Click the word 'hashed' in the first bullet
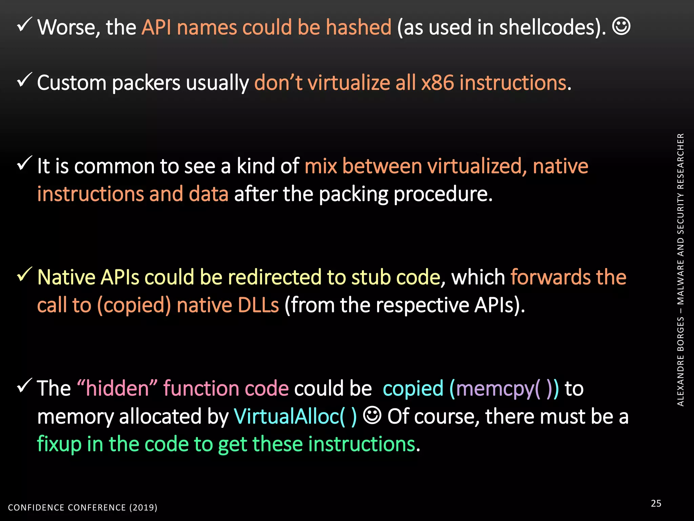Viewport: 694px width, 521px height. (x=358, y=27)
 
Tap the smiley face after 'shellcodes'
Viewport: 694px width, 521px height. (x=621, y=26)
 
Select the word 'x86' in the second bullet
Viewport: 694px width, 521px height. (x=437, y=83)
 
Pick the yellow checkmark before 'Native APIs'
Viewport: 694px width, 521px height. (x=24, y=274)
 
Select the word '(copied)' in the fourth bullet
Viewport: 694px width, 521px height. (x=134, y=305)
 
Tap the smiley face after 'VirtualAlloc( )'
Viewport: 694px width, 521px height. (x=372, y=415)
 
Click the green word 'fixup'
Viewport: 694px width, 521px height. (x=59, y=444)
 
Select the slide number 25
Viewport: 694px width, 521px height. (x=656, y=503)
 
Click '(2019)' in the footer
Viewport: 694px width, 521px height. (x=143, y=507)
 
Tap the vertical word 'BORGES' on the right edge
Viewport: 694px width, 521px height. (x=680, y=334)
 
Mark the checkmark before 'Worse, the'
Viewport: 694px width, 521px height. (x=24, y=24)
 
